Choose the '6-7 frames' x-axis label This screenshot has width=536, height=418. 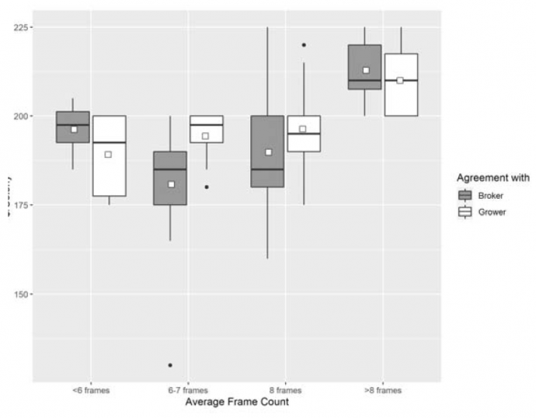click(x=188, y=390)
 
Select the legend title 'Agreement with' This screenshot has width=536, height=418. click(x=492, y=178)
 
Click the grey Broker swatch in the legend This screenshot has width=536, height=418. click(x=465, y=196)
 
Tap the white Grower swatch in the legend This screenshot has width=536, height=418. click(x=465, y=211)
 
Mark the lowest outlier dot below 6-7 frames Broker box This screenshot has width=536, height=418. click(x=170, y=365)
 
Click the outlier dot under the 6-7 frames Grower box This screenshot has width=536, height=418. click(x=206, y=186)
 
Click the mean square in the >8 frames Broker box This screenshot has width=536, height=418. click(x=366, y=70)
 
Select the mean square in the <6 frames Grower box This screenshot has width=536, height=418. click(x=109, y=154)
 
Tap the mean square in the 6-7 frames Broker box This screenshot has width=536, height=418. click(x=171, y=184)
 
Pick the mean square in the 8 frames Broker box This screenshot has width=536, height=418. click(x=268, y=152)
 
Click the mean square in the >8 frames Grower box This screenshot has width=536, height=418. click(x=400, y=80)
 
